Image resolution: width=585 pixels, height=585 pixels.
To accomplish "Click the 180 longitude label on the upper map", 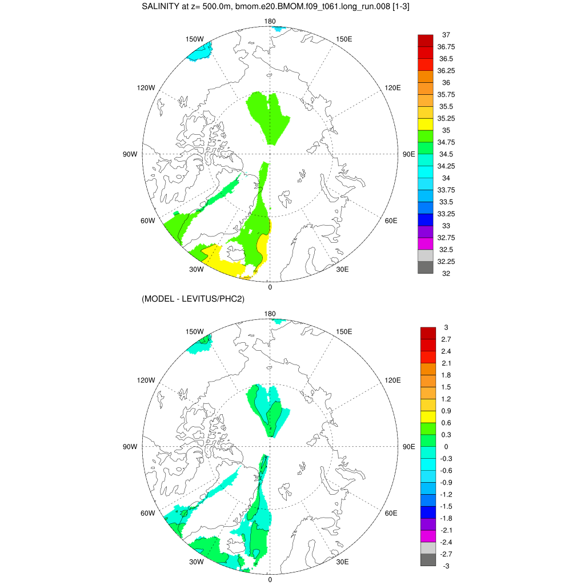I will (x=270, y=22).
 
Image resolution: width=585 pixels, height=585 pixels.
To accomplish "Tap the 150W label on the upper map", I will (x=195, y=39).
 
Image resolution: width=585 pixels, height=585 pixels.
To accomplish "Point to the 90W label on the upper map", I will (x=130, y=154).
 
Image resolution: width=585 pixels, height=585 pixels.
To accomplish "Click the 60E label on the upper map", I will (x=391, y=221).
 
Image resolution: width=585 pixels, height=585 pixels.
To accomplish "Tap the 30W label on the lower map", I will (x=197, y=562).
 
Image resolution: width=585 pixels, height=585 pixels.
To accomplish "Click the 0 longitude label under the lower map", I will (x=270, y=579).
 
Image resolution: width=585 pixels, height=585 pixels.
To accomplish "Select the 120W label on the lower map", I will (x=146, y=380).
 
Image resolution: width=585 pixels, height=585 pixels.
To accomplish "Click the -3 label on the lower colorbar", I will (x=446, y=566).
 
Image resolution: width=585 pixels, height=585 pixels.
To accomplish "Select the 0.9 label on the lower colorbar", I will (x=446, y=411).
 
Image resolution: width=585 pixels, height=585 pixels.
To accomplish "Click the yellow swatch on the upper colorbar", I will (x=426, y=124).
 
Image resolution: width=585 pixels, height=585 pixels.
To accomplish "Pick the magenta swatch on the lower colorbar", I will (x=428, y=536).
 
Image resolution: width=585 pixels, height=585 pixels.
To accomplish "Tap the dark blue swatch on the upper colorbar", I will (x=426, y=219).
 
